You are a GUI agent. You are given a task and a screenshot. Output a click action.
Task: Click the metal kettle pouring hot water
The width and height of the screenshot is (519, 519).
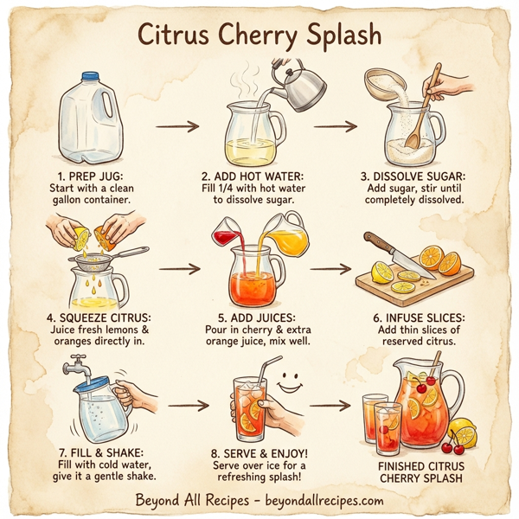[x=300, y=87]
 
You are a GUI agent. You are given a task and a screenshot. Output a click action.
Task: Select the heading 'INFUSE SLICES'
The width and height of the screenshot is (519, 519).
[x=422, y=317]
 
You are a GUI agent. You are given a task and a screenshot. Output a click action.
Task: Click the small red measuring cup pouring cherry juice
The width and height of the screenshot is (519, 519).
[x=227, y=234]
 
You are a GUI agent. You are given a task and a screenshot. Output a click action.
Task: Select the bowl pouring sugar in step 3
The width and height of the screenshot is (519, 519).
[x=386, y=84]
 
